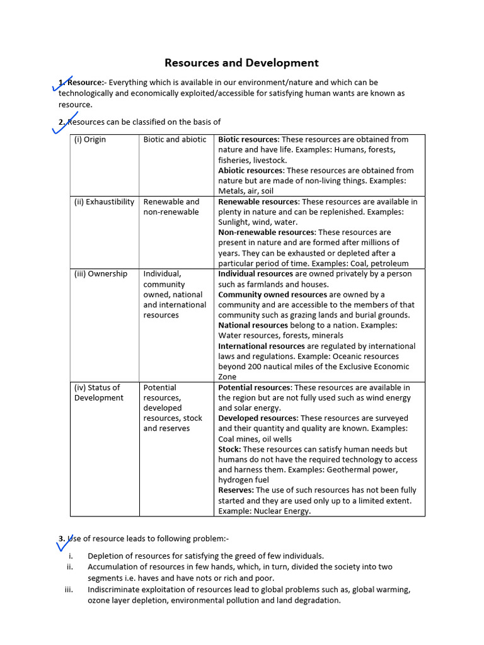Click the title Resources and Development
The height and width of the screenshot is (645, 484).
(241, 63)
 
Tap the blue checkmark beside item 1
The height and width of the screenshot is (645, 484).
(64, 84)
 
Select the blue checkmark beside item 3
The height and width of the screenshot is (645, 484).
(64, 541)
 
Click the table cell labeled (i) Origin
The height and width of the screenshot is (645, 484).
(90, 140)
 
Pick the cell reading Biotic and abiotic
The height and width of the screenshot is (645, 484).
(175, 140)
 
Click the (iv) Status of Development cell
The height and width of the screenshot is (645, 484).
(99, 392)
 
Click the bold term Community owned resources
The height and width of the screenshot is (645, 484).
(273, 295)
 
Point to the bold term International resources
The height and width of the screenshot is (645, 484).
(261, 346)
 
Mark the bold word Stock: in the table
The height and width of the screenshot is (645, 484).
(229, 449)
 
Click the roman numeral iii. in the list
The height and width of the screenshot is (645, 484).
(69, 590)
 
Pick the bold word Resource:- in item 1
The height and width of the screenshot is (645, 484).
(88, 83)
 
